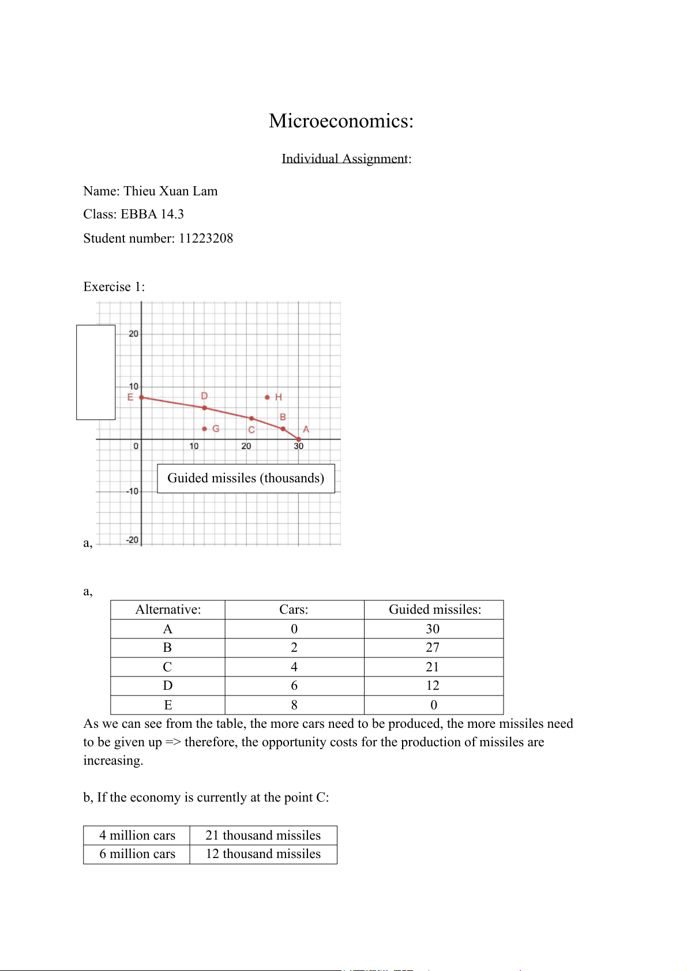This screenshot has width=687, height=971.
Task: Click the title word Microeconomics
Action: (340, 121)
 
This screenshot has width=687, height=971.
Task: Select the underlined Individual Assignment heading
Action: (344, 158)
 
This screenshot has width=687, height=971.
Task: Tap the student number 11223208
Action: (206, 239)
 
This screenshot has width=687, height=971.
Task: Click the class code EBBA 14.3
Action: (152, 214)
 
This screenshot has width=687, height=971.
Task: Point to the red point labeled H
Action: (267, 397)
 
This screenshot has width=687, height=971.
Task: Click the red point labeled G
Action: (205, 429)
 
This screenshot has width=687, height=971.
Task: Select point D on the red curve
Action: (204, 407)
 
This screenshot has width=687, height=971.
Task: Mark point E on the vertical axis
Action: (142, 398)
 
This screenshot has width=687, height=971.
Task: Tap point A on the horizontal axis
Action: (298, 439)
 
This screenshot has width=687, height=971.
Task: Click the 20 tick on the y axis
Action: (133, 334)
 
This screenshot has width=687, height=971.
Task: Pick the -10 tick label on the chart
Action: (133, 491)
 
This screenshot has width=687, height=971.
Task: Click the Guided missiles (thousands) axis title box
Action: (246, 478)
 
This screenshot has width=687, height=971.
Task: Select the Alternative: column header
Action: (168, 610)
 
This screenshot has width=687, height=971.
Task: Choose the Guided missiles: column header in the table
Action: (434, 610)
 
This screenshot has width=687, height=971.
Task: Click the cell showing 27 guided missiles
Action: (433, 648)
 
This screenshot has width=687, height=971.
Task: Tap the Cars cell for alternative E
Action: (294, 705)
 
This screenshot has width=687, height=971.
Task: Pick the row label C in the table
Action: (167, 667)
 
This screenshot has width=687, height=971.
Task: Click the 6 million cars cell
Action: (137, 854)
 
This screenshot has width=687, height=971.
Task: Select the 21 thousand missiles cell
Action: (263, 836)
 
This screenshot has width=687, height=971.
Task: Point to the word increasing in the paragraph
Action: (112, 761)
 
